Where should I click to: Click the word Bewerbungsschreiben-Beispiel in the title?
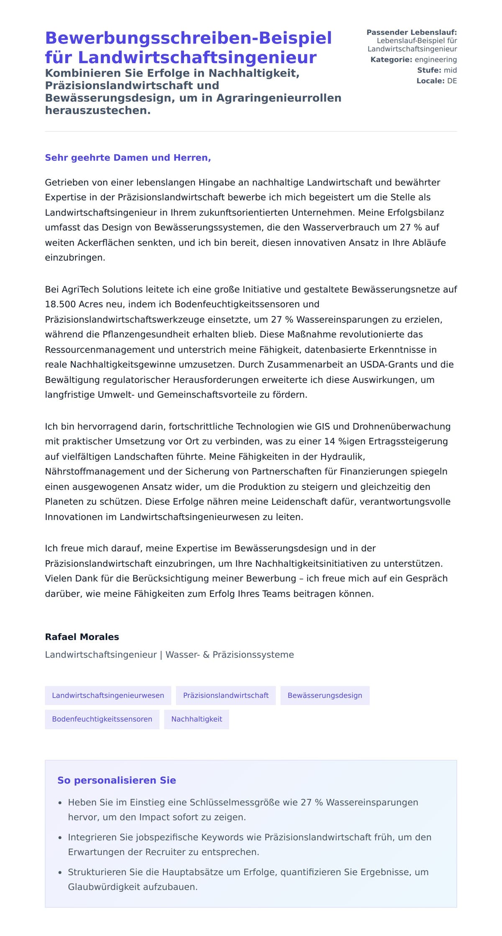(188, 38)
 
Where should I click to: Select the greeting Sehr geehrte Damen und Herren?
(128, 158)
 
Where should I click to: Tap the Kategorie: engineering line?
(413, 59)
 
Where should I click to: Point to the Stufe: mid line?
(437, 70)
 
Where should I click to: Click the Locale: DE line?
(436, 81)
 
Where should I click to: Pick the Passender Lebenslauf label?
(411, 32)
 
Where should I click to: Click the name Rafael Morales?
(82, 637)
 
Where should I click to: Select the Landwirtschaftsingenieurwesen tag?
(108, 695)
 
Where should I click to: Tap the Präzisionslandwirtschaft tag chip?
(226, 695)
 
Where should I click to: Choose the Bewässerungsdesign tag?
(325, 695)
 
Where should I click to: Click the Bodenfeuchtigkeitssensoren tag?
(102, 719)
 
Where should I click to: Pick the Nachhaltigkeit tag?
(197, 719)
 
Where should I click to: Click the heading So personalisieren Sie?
(117, 780)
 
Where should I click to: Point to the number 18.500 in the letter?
(60, 304)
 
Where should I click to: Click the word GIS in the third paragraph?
(322, 427)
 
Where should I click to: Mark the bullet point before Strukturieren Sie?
(60, 872)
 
